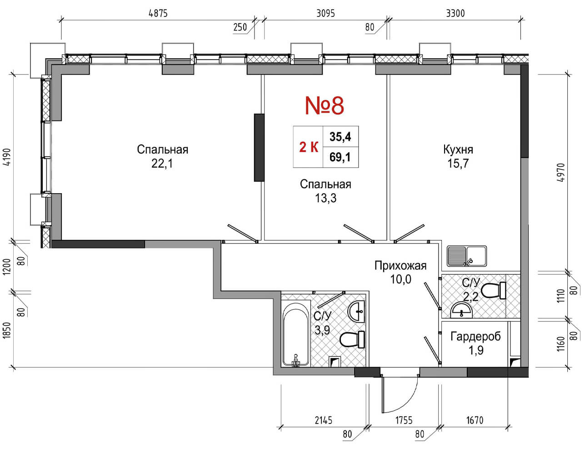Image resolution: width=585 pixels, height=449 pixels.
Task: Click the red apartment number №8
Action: (x=324, y=105)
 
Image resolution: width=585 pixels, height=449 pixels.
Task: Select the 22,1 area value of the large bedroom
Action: (x=162, y=164)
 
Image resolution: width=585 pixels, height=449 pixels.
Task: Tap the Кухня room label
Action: (x=458, y=150)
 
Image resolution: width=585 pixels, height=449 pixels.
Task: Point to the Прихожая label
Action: (x=400, y=265)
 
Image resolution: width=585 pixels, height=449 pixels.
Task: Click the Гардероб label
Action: (x=475, y=337)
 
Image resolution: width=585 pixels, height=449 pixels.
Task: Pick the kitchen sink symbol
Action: (x=466, y=256)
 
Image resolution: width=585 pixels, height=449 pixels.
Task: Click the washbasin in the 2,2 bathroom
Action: (x=462, y=311)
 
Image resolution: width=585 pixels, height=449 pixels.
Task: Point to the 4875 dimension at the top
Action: (x=158, y=13)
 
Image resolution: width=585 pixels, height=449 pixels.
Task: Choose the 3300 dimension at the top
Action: (x=455, y=13)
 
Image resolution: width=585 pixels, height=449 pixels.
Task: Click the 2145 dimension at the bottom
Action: (x=323, y=420)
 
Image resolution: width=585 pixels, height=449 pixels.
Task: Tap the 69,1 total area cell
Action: (x=340, y=158)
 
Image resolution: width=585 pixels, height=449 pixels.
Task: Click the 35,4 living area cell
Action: (x=340, y=136)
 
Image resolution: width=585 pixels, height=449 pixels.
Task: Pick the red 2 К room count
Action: (x=308, y=147)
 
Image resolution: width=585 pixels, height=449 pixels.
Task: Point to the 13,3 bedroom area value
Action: (x=325, y=198)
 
